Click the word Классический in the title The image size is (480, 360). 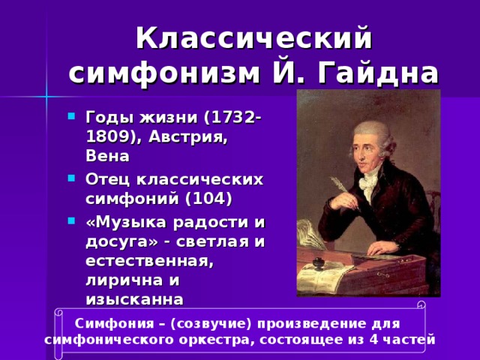point(254,37)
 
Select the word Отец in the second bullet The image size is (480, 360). point(106,180)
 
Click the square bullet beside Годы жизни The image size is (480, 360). point(70,117)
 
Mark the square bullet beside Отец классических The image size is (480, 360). point(70,179)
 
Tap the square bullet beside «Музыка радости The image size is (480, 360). point(70,221)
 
